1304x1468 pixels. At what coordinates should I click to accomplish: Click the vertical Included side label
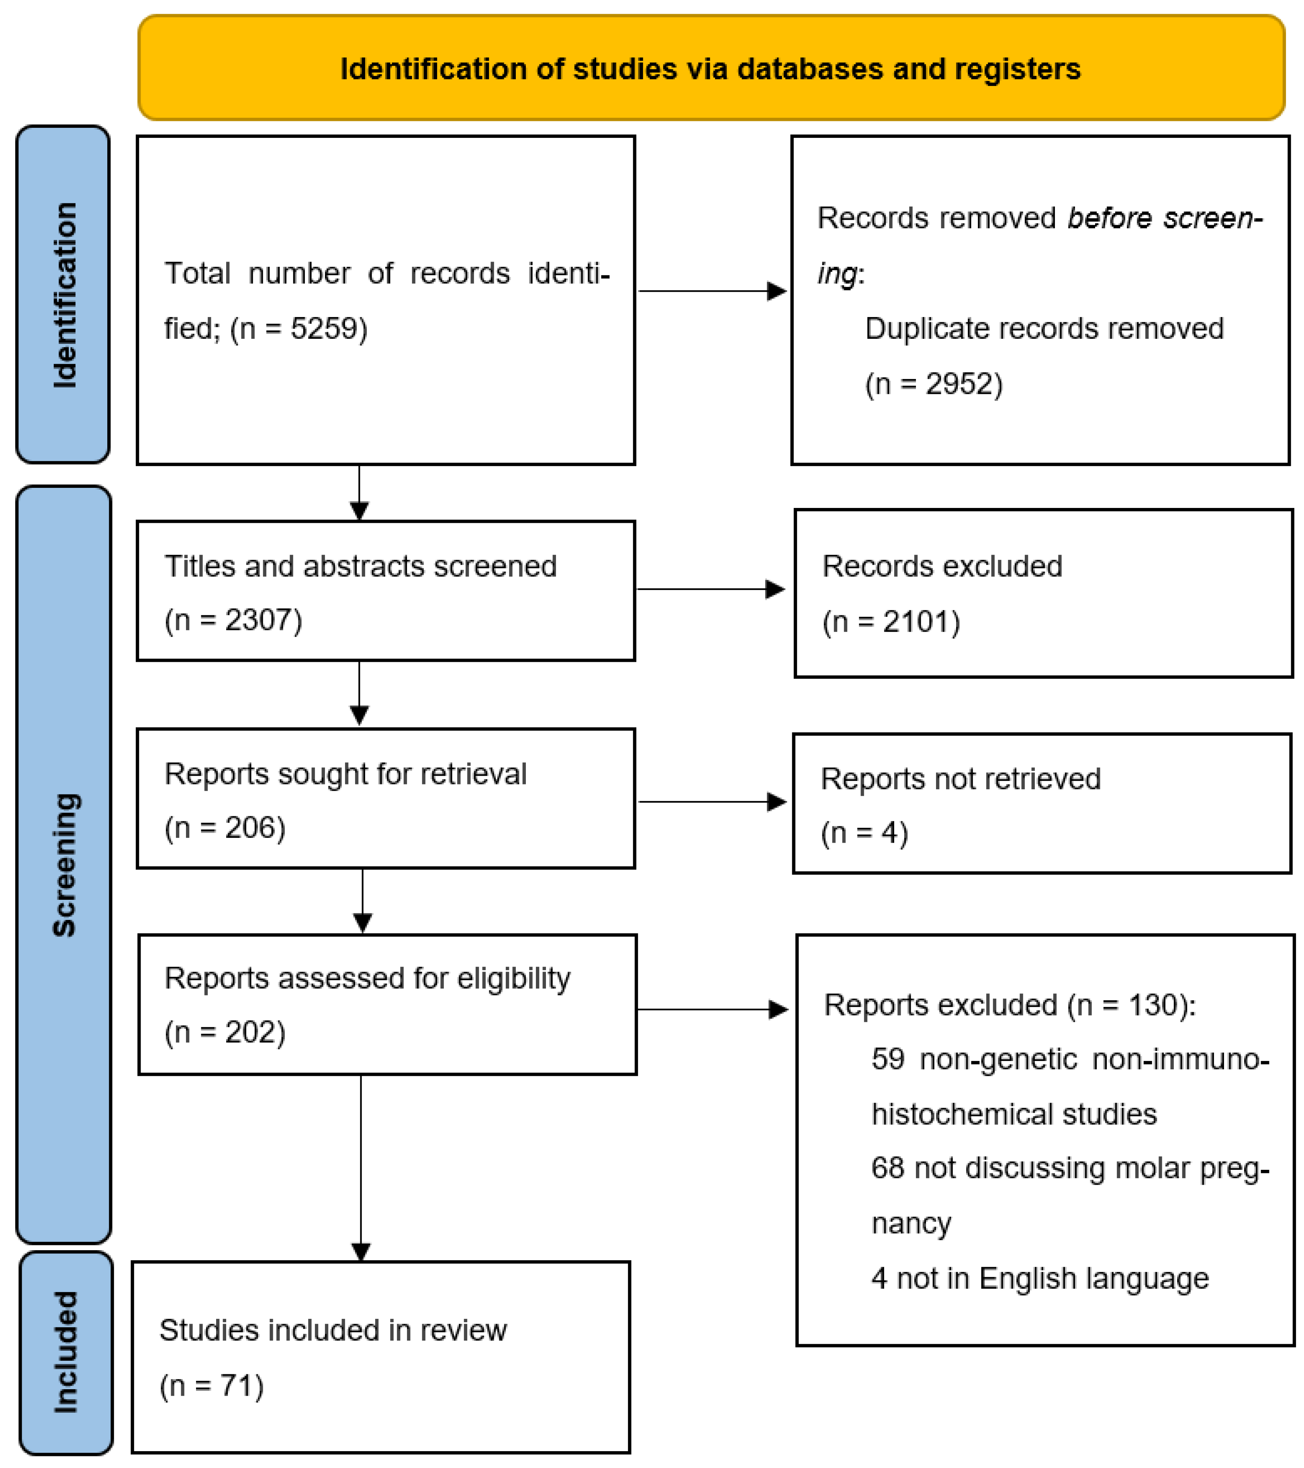click(x=66, y=1352)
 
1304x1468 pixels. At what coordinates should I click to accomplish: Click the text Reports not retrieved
click(x=960, y=778)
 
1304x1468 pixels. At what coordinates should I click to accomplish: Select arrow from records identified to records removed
click(x=711, y=291)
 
